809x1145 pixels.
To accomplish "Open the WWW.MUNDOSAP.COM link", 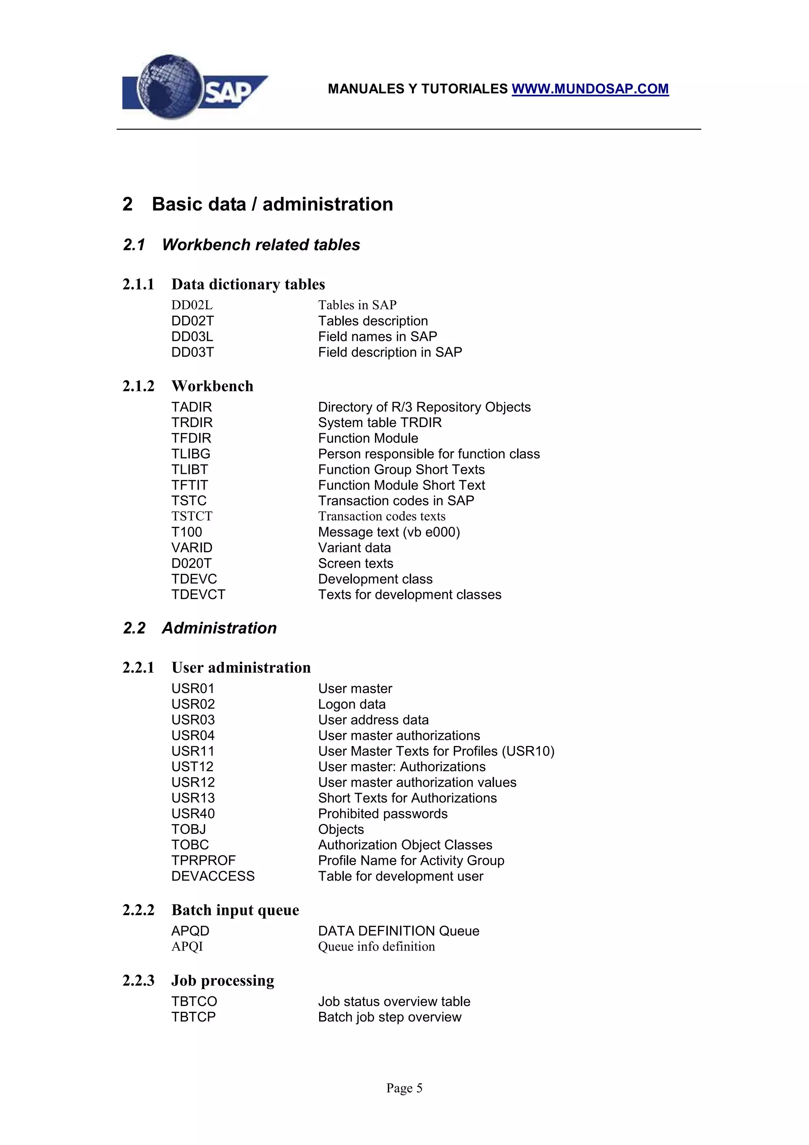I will tap(590, 89).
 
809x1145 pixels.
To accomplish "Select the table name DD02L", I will tap(192, 305).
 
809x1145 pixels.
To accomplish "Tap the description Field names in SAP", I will tap(377, 337).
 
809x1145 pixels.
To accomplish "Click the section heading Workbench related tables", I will tap(261, 245).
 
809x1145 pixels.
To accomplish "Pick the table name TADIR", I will tap(192, 407).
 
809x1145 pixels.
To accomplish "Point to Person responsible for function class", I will tap(429, 454).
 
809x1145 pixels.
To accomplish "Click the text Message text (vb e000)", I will tap(389, 532).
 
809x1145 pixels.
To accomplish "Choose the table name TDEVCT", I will tap(198, 595).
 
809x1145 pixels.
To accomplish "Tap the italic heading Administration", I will tap(219, 628).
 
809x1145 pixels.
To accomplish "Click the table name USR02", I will tap(193, 704).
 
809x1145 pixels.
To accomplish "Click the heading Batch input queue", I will tap(235, 910).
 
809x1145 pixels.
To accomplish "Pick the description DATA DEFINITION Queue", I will tap(399, 931).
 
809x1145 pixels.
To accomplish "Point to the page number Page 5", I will tap(404, 1088).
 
